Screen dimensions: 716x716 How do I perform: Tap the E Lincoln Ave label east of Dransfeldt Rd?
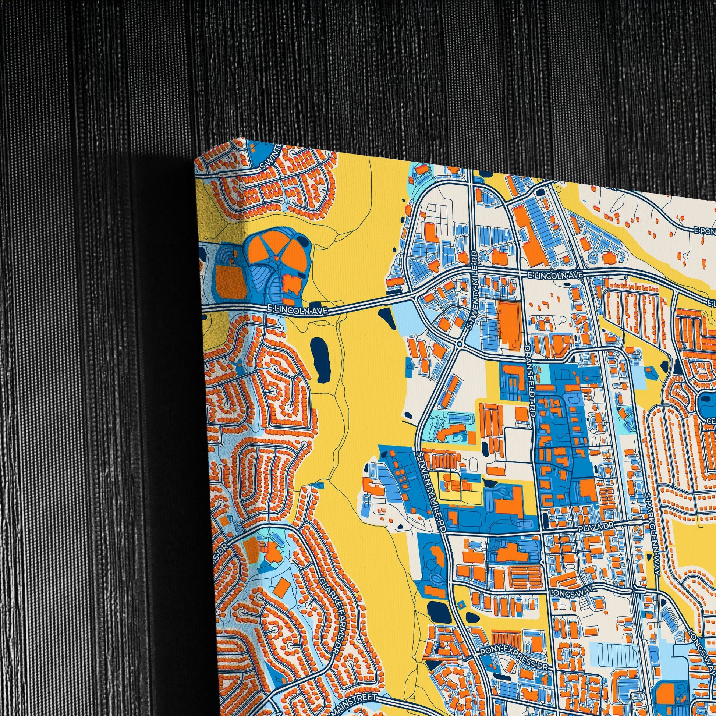[556, 274]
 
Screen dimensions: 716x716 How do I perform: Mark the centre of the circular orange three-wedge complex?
[275, 256]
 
